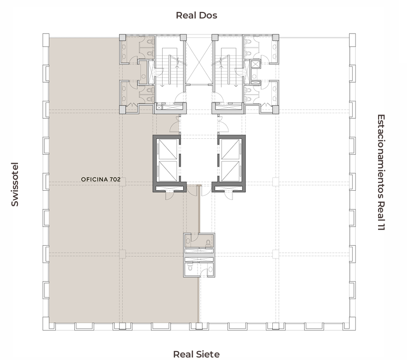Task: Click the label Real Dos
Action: click(x=197, y=15)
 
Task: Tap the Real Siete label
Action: click(x=196, y=355)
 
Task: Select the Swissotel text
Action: click(x=15, y=185)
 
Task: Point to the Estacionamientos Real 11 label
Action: click(x=381, y=172)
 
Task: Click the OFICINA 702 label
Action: click(x=101, y=179)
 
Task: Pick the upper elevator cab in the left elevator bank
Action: click(x=168, y=149)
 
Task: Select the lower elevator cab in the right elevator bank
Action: click(x=230, y=171)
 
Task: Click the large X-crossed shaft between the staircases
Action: click(x=199, y=61)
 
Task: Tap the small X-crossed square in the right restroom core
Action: click(x=255, y=64)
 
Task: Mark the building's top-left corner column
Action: click(x=46, y=40)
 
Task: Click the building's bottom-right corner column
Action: click(x=352, y=324)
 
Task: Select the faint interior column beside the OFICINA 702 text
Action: click(x=123, y=182)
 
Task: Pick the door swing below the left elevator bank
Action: click(x=169, y=196)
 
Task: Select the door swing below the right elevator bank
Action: click(x=228, y=196)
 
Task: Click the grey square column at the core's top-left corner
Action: click(x=123, y=37)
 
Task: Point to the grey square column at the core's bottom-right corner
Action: click(x=276, y=110)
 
